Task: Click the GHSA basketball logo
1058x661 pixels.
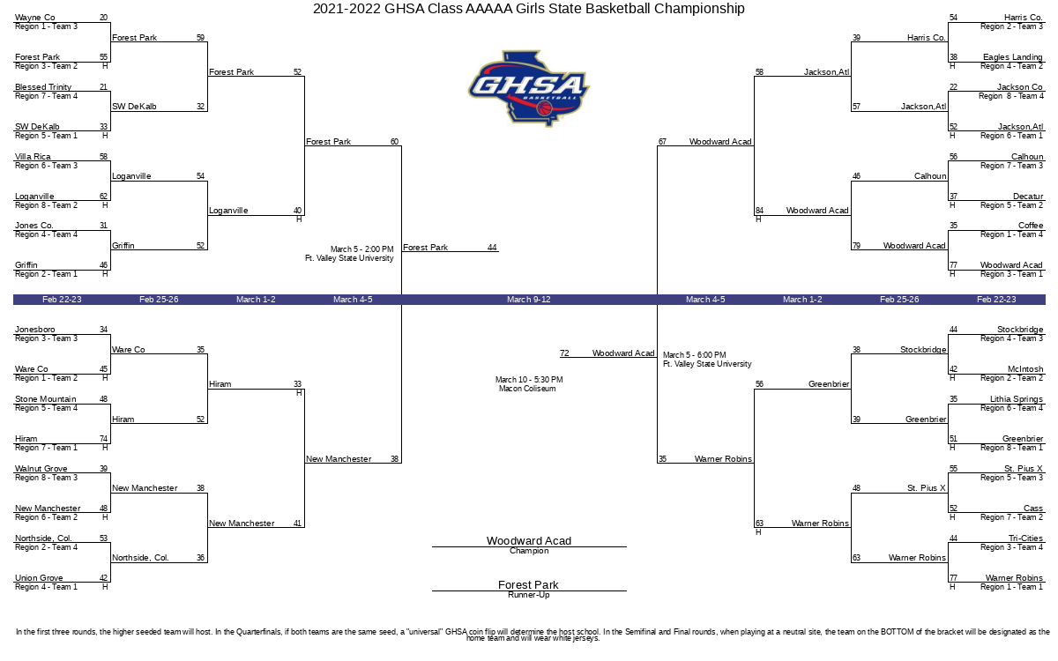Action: [x=529, y=88]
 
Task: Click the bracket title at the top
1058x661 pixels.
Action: [x=528, y=9]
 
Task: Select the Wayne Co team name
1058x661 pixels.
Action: [x=35, y=18]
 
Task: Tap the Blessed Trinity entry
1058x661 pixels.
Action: [x=43, y=87]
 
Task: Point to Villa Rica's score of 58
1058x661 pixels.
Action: [x=103, y=156]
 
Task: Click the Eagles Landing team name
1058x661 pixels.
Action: [x=1013, y=57]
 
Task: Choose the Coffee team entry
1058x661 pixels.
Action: [x=1031, y=226]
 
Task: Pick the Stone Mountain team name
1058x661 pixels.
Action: [x=45, y=399]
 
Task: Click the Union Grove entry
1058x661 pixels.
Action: [x=39, y=578]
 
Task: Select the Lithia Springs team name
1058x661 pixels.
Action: [x=1017, y=399]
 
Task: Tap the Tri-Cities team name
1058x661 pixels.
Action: [x=1025, y=538]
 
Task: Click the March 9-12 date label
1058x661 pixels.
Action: [x=528, y=300]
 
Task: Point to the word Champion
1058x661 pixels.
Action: [x=529, y=551]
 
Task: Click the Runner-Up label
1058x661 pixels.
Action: [x=528, y=595]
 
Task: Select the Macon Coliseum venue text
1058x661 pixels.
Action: [x=527, y=389]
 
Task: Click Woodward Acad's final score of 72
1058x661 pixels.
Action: [x=564, y=353]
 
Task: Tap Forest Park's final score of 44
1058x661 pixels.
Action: [x=492, y=248]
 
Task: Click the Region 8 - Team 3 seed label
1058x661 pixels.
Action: [x=46, y=478]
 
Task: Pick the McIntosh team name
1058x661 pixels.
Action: [x=1025, y=369]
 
